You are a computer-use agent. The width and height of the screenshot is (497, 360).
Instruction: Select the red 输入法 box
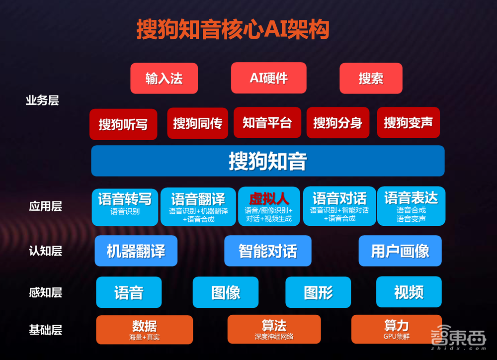[164, 78]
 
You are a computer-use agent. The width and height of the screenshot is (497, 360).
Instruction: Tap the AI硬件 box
[268, 78]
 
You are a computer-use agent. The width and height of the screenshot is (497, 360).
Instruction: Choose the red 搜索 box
[371, 78]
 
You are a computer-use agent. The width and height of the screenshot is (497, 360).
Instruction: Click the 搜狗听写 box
[123, 124]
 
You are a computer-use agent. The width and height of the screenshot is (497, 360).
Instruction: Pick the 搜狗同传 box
[197, 123]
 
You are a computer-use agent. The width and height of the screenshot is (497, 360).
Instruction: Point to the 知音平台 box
[267, 123]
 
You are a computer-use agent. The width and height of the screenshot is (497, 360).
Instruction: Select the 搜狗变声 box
[408, 123]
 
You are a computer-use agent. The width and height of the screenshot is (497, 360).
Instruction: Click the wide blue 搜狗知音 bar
[267, 161]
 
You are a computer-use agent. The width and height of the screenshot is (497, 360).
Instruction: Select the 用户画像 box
[400, 251]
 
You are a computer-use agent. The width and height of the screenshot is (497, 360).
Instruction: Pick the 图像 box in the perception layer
[226, 292]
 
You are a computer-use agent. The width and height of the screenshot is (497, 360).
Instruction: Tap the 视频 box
[409, 292]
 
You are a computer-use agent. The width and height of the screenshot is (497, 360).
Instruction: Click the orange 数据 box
[144, 330]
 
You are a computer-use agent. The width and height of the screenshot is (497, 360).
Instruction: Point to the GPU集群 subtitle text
[396, 337]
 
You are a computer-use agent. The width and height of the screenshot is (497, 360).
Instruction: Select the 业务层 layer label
[42, 100]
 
